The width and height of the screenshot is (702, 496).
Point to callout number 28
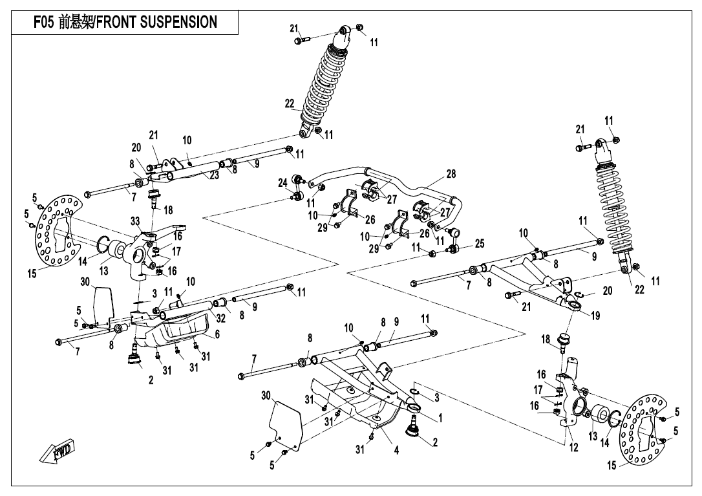point(451,174)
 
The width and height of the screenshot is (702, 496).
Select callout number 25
point(479,244)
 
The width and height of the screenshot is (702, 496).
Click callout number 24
point(282,183)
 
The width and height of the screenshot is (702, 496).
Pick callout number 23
point(214,174)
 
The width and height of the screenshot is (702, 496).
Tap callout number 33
point(135,221)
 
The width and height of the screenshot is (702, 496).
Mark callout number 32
point(220,318)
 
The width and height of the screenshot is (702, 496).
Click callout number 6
point(217,334)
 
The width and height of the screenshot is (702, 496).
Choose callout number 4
point(396,450)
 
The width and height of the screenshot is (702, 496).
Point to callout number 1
point(440,418)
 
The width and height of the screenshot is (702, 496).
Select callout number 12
point(573,448)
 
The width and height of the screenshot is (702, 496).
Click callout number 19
point(595,316)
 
